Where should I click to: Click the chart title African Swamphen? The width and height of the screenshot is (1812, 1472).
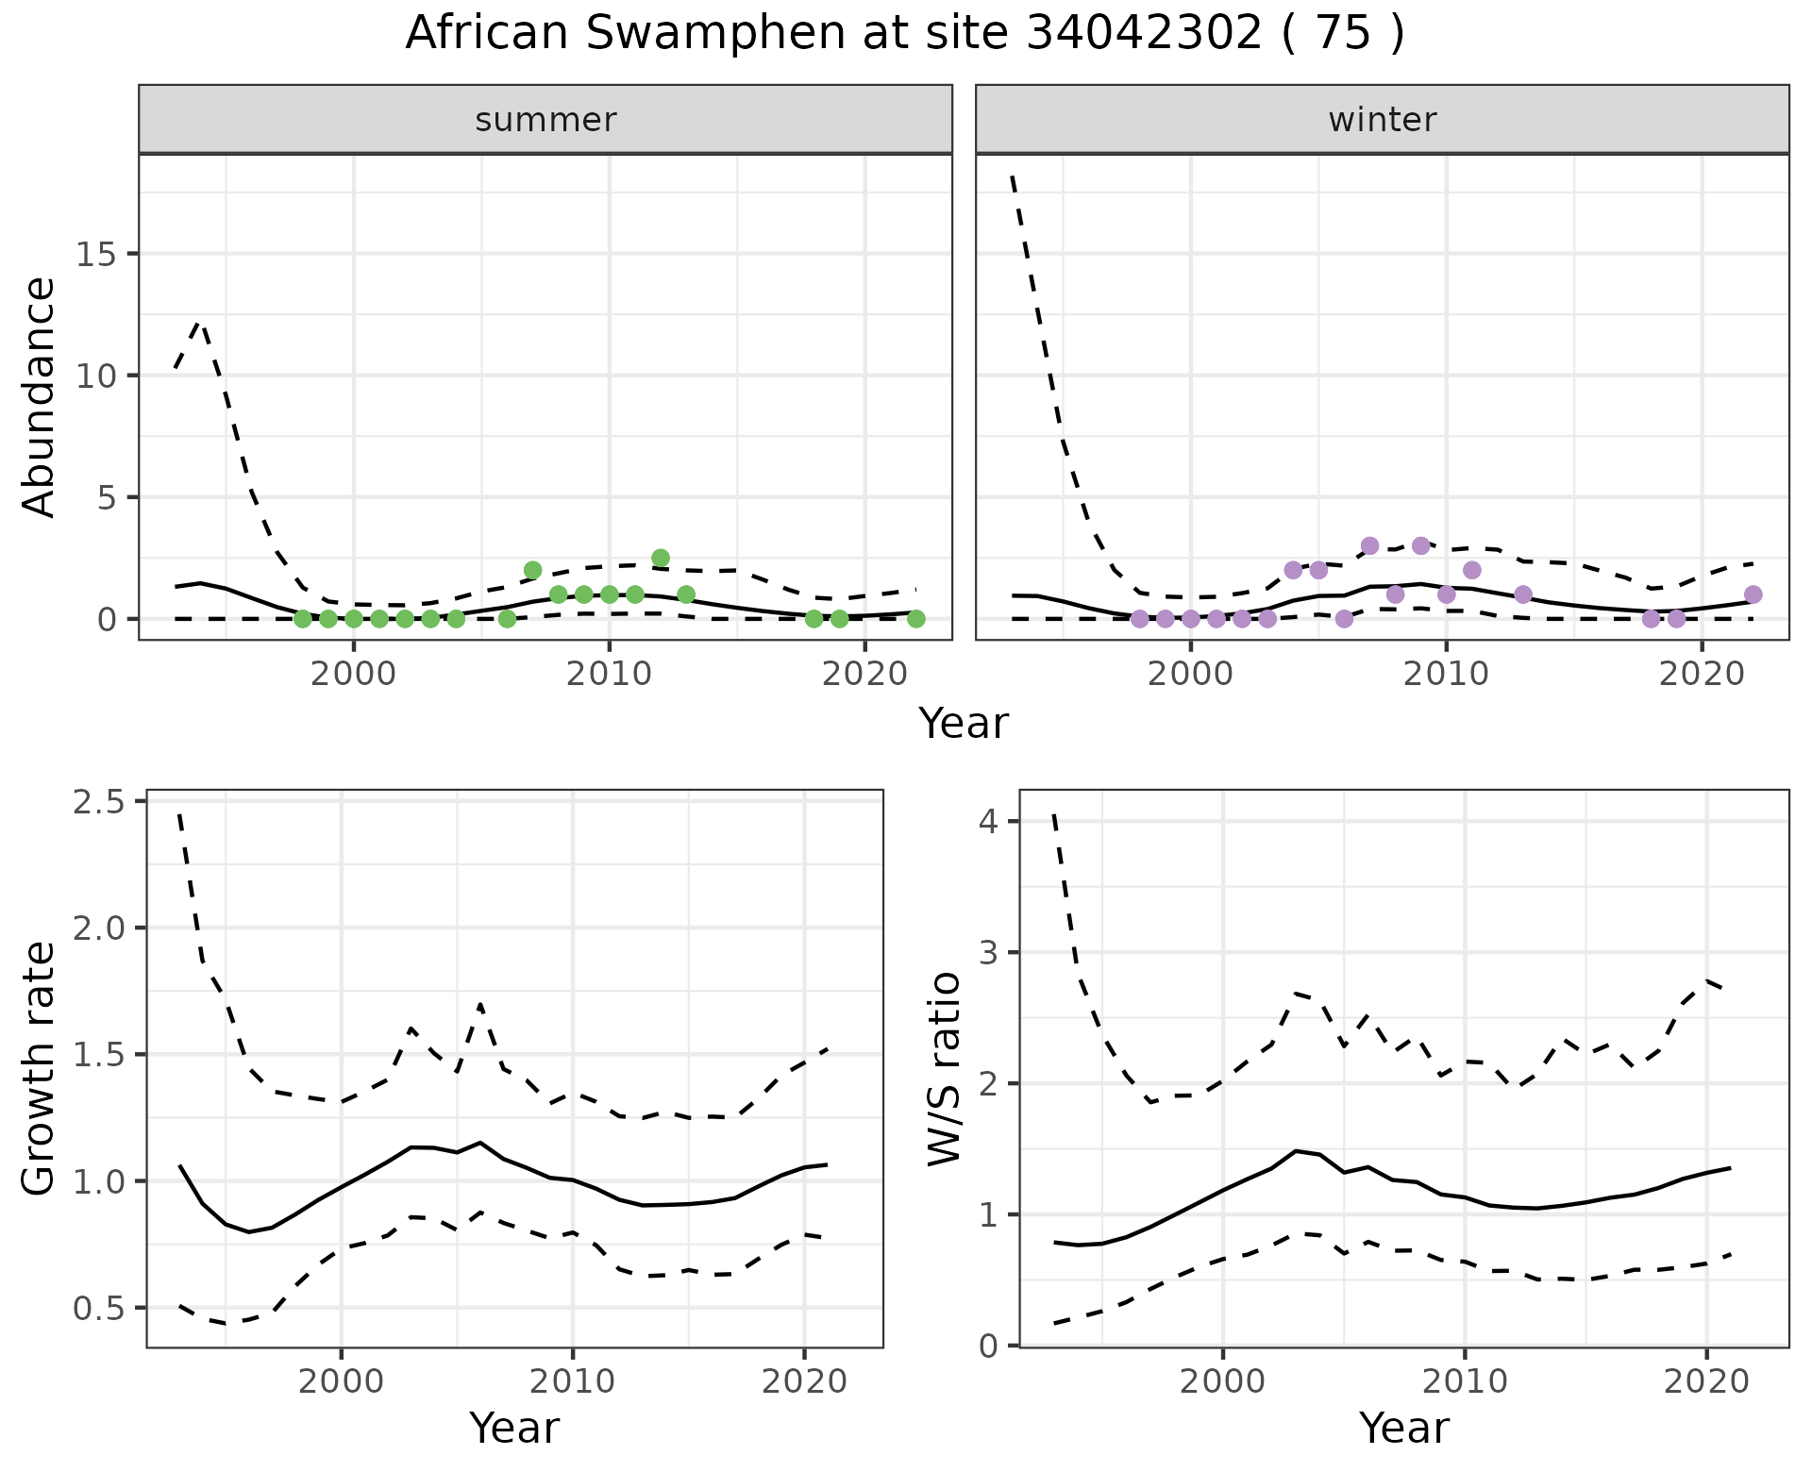(x=904, y=34)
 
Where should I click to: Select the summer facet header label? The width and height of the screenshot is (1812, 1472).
(x=545, y=120)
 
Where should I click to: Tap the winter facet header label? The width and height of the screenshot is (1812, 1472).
(x=1382, y=120)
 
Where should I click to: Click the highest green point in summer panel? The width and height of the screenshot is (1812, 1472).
(x=661, y=558)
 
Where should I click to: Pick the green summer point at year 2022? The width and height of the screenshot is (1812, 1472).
(x=915, y=619)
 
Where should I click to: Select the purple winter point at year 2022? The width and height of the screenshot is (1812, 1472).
(x=1753, y=594)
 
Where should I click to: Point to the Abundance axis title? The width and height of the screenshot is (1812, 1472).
(x=40, y=396)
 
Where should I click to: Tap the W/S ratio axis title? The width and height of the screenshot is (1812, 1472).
(x=944, y=1068)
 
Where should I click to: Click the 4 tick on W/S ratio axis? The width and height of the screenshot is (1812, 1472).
(x=987, y=821)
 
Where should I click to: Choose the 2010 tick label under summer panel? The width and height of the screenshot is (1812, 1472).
(x=609, y=675)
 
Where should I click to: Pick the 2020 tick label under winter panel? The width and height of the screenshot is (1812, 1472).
(x=1702, y=675)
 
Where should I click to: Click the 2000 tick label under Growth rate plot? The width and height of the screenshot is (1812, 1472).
(x=341, y=1382)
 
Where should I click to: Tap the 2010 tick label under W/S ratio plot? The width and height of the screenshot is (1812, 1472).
(x=1464, y=1382)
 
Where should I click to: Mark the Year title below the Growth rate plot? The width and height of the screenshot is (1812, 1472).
(x=514, y=1428)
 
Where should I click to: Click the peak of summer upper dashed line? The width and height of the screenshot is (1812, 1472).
(x=199, y=323)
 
